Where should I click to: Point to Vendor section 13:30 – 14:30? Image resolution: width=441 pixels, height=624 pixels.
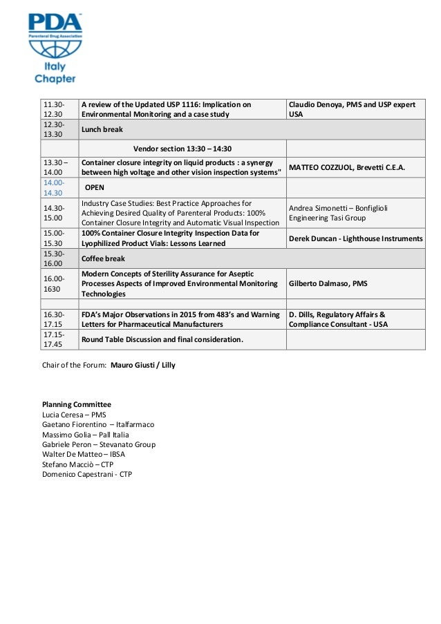(x=182, y=149)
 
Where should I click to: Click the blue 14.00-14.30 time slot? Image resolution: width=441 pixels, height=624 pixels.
(x=53, y=188)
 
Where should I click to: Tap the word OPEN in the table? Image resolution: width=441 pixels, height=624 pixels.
(x=94, y=188)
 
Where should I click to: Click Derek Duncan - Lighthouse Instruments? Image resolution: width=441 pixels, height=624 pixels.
(x=356, y=238)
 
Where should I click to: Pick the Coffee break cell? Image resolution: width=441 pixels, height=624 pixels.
(x=103, y=258)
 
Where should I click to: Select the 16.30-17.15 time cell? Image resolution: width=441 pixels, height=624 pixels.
(x=53, y=319)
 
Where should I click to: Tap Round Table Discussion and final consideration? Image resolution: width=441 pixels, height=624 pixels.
(x=162, y=339)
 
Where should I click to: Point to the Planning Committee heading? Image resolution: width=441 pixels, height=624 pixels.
(x=76, y=404)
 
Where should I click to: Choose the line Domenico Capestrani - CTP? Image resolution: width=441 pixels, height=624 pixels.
(x=87, y=475)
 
